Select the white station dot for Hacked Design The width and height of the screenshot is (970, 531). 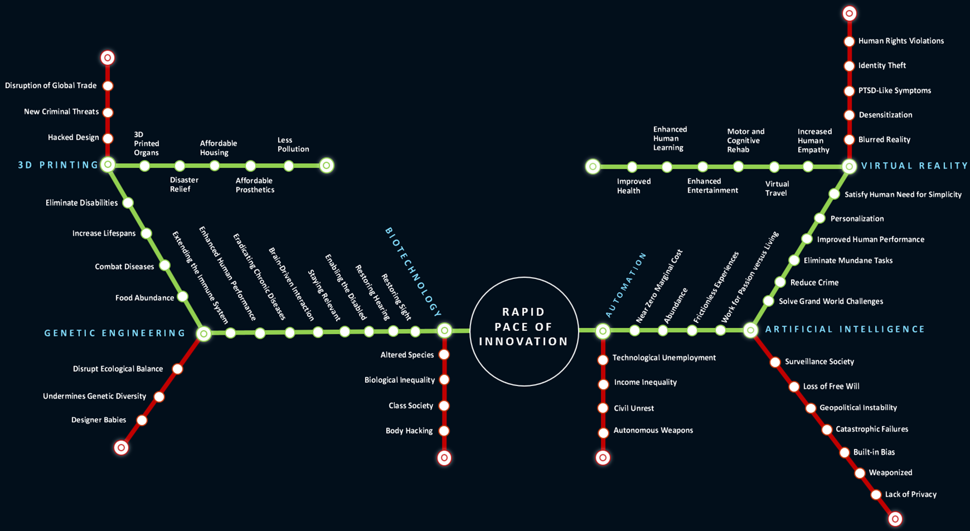coord(108,138)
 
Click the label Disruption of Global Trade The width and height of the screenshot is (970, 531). coord(51,85)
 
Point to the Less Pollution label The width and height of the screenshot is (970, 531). coord(293,144)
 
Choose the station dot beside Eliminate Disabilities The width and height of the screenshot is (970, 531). coord(128,203)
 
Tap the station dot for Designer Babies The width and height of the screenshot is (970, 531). coord(142,420)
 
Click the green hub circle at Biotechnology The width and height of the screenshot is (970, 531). coord(444,331)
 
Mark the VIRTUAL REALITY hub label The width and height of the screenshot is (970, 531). coord(914,166)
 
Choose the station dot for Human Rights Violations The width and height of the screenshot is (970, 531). coord(849,41)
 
